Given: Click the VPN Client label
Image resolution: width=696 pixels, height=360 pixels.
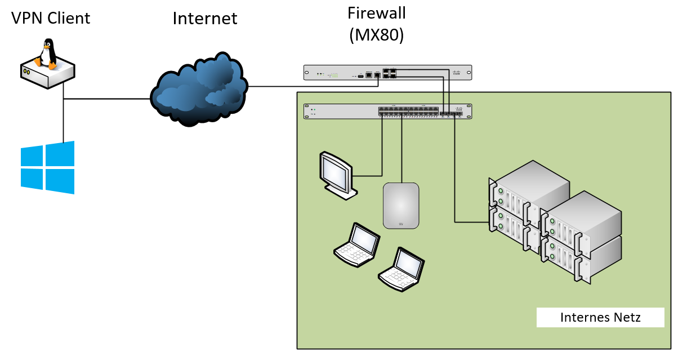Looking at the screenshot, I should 51,18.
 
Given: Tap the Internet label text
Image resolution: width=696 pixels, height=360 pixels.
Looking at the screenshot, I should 205,18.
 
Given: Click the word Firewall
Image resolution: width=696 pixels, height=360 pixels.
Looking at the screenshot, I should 377,12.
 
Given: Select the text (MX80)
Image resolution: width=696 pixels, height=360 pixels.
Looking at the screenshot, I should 377,35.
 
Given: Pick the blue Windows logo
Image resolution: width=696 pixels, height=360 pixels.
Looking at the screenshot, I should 47,167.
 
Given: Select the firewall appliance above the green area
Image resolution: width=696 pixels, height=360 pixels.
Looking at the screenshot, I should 387,73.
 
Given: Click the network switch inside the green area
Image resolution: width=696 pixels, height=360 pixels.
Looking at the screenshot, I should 387,111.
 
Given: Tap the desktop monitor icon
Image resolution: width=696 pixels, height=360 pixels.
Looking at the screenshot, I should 337,174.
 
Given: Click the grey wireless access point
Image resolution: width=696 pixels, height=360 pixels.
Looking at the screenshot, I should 401,205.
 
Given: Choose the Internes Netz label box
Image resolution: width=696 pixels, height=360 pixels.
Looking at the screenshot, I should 600,317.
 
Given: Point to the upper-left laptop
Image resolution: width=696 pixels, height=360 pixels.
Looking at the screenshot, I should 356,245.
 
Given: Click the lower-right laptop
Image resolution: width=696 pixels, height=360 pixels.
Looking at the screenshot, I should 401,269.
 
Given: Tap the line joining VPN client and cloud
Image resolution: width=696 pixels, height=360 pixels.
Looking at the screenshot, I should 107,99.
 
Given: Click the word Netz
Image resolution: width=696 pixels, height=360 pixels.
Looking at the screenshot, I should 628,317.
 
